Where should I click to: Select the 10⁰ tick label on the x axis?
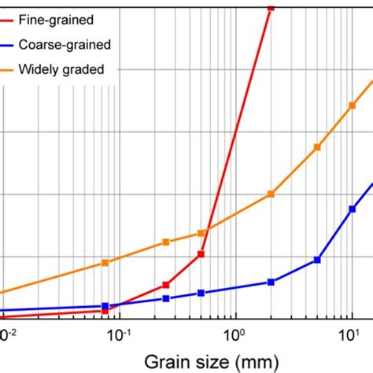click(x=235, y=335)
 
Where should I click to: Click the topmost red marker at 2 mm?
click(x=271, y=7)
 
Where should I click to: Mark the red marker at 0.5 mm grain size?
click(x=201, y=254)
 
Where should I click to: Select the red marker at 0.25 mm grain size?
click(x=166, y=285)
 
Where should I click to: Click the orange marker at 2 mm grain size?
click(x=271, y=194)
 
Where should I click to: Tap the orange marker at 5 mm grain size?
click(x=317, y=147)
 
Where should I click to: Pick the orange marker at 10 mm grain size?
click(x=352, y=105)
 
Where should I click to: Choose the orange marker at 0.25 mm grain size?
click(x=166, y=242)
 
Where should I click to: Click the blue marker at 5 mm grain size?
click(x=317, y=260)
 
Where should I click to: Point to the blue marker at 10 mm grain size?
click(x=352, y=209)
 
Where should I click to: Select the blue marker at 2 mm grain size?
click(x=271, y=282)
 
